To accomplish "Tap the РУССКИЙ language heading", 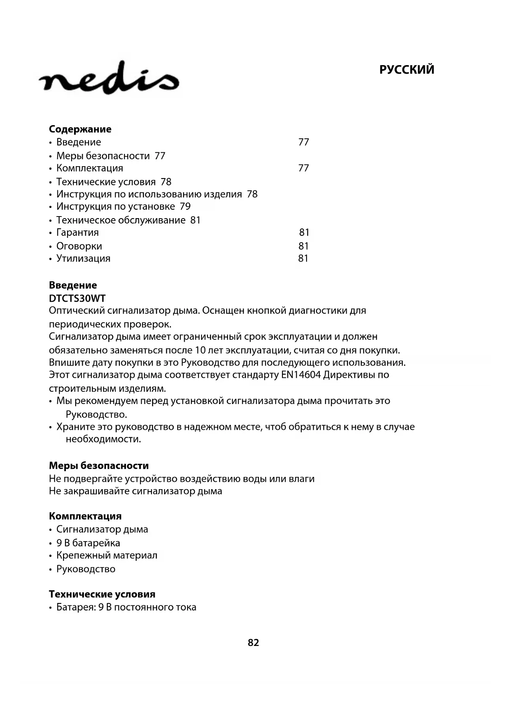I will point(406,70).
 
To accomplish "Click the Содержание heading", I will point(80,129).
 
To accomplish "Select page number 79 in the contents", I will point(185,207).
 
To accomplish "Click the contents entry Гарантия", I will point(78,233).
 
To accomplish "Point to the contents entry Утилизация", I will point(84,259).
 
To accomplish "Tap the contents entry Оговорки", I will point(79,246).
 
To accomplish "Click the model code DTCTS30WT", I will point(77,298).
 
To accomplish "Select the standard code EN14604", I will point(301,375).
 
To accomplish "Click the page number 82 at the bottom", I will point(253,643).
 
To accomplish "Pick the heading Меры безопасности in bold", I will point(99,466).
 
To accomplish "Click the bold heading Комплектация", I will point(85,517).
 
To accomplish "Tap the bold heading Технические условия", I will point(102,594).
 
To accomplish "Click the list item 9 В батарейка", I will point(88,543).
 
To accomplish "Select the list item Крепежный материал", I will point(107,555).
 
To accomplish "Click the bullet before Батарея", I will point(51,608).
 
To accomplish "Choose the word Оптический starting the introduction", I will point(77,311).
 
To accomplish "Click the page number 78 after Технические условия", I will point(166,182).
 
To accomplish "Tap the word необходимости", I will point(103,439).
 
